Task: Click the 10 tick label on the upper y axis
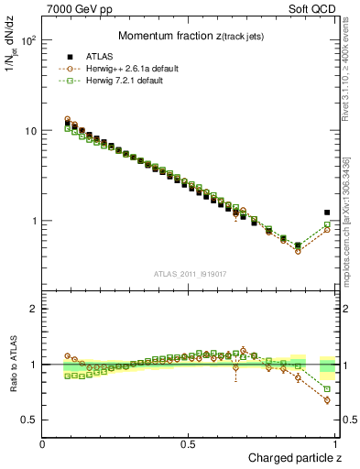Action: tap(29, 131)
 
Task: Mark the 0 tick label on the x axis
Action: tap(43, 444)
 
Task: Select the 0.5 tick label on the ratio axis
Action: tap(29, 420)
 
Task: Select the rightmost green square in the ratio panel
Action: tap(327, 389)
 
